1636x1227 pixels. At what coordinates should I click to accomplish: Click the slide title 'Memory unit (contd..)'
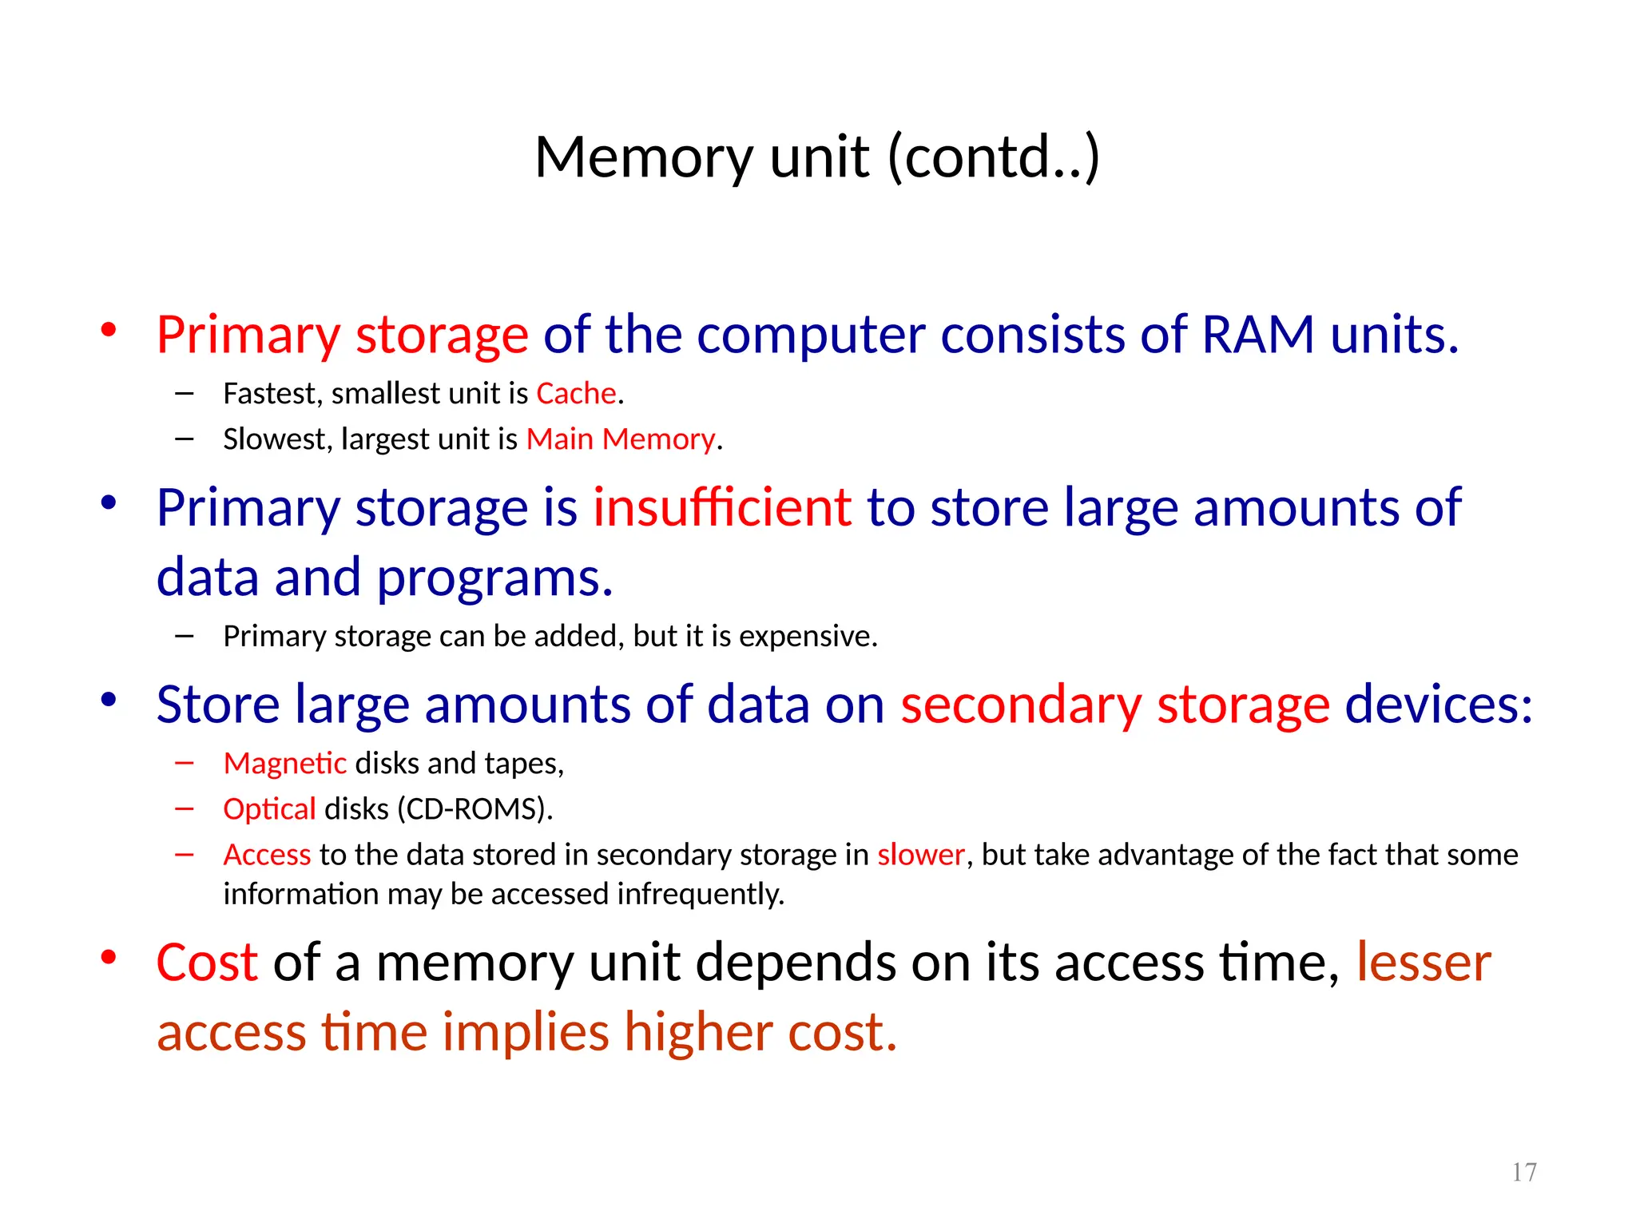click(x=817, y=157)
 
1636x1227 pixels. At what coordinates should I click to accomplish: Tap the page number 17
click(x=1524, y=1172)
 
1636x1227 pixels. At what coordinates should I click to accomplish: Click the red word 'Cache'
click(x=576, y=394)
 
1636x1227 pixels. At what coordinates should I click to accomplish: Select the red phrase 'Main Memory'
click(x=621, y=439)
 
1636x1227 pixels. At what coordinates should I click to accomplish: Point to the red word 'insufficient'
click(x=722, y=507)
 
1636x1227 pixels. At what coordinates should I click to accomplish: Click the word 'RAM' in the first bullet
click(x=1257, y=334)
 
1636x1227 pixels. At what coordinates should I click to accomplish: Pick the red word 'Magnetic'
click(x=284, y=764)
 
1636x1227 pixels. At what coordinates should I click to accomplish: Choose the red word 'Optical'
click(x=269, y=809)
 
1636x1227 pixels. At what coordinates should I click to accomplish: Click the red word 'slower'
click(x=921, y=855)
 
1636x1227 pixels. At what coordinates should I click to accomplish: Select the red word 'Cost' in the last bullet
click(x=207, y=962)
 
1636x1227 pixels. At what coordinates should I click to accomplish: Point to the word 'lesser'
click(x=1424, y=962)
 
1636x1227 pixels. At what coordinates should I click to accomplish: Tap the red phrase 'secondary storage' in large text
click(x=1115, y=705)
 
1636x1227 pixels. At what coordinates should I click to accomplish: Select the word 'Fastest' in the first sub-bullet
click(x=272, y=394)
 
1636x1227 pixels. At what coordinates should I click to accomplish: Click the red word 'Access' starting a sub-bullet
click(x=267, y=855)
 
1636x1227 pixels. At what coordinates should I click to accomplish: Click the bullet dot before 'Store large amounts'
click(x=109, y=700)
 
